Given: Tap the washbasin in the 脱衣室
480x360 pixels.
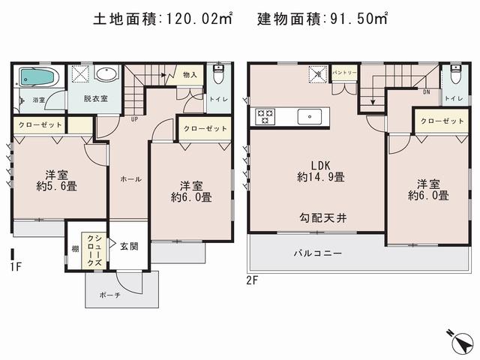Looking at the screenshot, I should pyautogui.click(x=107, y=76).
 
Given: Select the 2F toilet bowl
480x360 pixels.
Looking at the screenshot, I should pyautogui.click(x=455, y=77).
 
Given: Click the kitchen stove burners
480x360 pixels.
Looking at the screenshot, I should pyautogui.click(x=265, y=116).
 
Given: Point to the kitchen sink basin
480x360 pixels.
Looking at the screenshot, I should pyautogui.click(x=308, y=116).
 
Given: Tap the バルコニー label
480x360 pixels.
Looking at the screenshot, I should pyautogui.click(x=317, y=253).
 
